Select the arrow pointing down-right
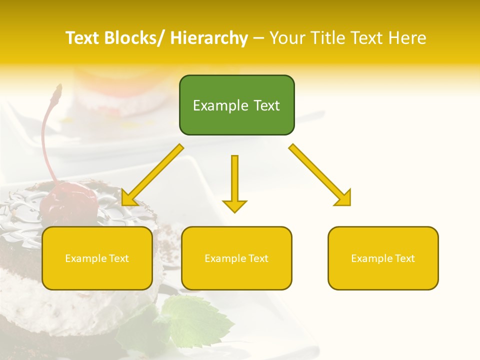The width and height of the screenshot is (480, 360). coord(320,175)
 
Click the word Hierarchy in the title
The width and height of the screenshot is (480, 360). coord(209,38)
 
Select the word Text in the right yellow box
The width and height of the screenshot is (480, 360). coord(404,258)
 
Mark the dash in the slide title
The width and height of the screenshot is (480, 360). coord(258,38)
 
